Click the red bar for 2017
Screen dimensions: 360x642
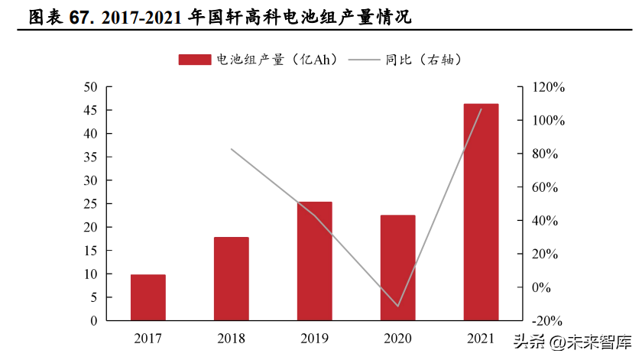pos(148,297)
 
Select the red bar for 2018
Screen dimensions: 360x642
pos(231,279)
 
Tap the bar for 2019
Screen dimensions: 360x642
pos(314,261)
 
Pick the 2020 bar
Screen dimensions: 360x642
pos(397,268)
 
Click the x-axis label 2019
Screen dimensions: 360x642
pos(314,337)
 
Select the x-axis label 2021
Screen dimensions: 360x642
pos(481,337)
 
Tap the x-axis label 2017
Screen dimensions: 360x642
pos(148,337)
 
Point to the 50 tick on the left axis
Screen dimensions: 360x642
pos(90,87)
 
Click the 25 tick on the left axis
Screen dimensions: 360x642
pos(90,204)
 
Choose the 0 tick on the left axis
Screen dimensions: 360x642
pos(94,321)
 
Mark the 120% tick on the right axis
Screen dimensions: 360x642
pos(548,87)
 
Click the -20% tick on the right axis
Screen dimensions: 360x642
pos(548,321)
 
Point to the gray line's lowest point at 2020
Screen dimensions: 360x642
pos(397,306)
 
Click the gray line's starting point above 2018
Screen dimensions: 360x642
pos(231,148)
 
